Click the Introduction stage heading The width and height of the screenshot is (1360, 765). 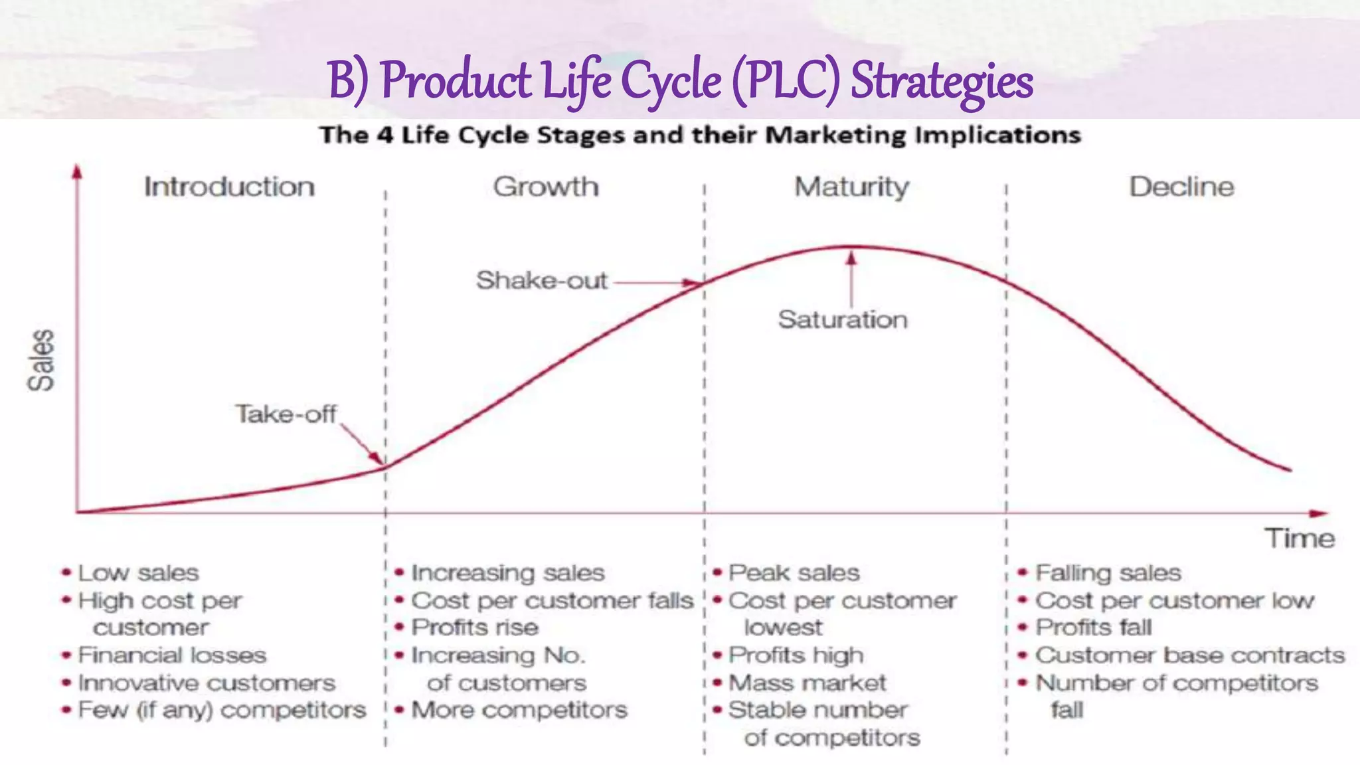click(x=229, y=187)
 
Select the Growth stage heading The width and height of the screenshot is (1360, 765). click(x=546, y=187)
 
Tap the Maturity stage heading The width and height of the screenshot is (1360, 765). click(x=852, y=187)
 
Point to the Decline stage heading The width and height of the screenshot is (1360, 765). click(x=1181, y=187)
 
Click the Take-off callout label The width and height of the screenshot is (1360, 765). click(x=286, y=414)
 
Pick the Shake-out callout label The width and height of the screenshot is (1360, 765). click(x=541, y=280)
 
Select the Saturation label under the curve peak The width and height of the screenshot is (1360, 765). click(x=843, y=319)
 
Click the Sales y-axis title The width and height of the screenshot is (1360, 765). click(x=41, y=360)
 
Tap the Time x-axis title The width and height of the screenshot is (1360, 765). click(x=1299, y=538)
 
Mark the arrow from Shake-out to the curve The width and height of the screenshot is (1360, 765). click(x=657, y=283)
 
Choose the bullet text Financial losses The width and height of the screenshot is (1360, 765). click(x=172, y=655)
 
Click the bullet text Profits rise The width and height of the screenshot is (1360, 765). click(x=475, y=627)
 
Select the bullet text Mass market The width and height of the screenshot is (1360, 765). click(x=807, y=683)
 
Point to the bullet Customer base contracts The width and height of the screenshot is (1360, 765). click(x=1189, y=655)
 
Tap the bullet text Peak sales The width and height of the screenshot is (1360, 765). click(x=794, y=572)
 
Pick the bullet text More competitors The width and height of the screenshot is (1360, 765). click(x=519, y=710)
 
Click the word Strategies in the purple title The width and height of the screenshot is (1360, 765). click(x=942, y=80)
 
